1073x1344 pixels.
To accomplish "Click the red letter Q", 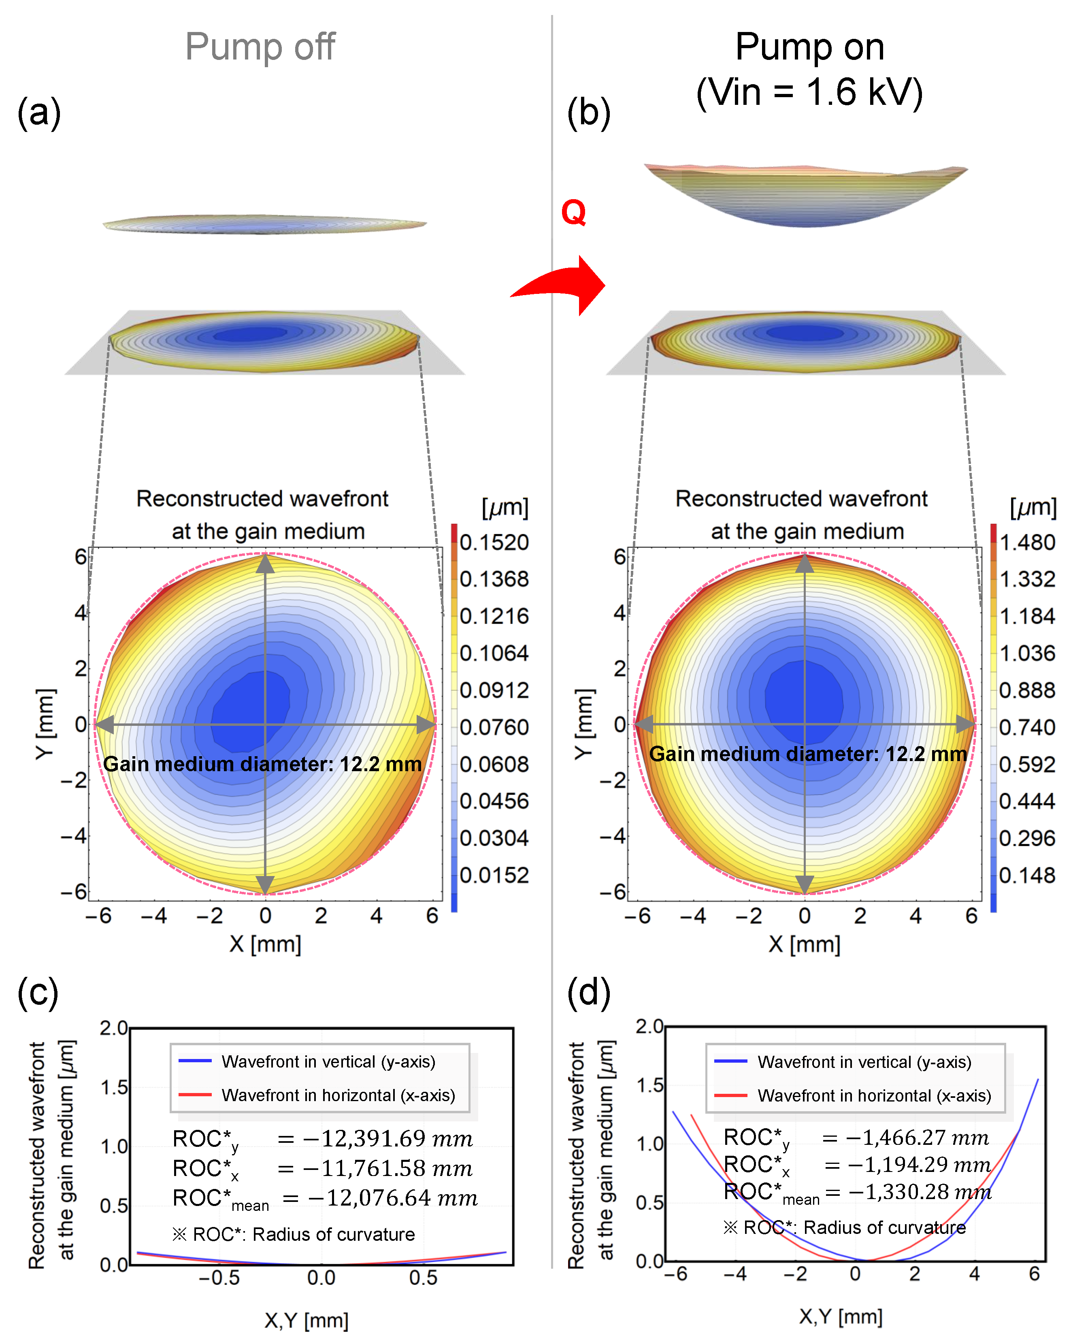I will pyautogui.click(x=573, y=213).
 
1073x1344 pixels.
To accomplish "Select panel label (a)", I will pyautogui.click(x=38, y=113).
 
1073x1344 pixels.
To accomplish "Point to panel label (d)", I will pyautogui.click(x=588, y=993).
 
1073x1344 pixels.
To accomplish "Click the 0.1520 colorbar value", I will pyautogui.click(x=494, y=542).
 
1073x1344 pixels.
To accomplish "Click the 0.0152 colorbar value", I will pyautogui.click(x=494, y=875).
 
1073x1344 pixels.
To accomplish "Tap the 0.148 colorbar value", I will pyautogui.click(x=1027, y=875).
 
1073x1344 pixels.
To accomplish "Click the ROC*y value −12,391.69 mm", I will pyautogui.click(x=387, y=1139).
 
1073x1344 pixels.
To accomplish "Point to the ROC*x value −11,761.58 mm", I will pyautogui.click(x=387, y=1168).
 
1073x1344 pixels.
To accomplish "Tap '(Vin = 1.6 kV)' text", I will pyautogui.click(x=809, y=92).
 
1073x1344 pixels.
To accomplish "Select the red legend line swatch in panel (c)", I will pyautogui.click(x=194, y=1095).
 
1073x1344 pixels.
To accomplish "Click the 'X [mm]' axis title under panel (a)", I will pyautogui.click(x=265, y=944).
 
